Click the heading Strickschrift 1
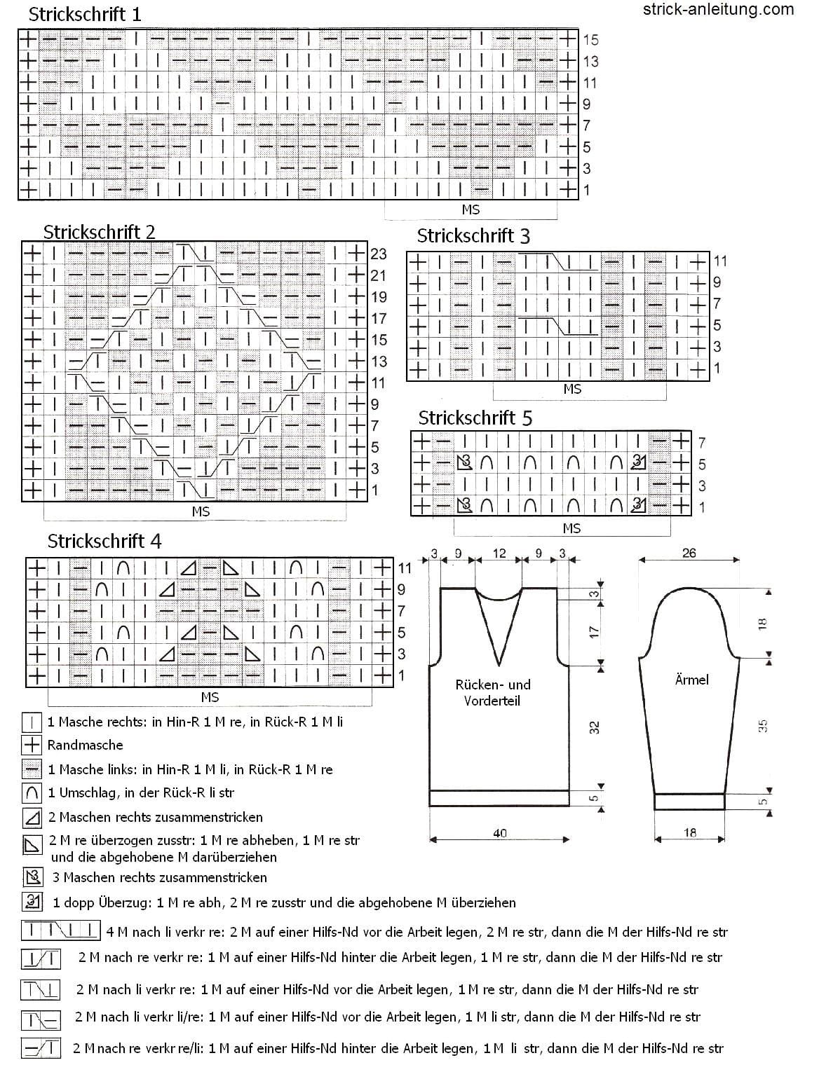[x=85, y=15]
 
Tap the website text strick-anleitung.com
[x=718, y=9]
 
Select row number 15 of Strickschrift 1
[x=591, y=39]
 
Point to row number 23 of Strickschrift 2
[x=378, y=254]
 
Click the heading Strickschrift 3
[x=473, y=236]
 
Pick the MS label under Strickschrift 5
[x=571, y=528]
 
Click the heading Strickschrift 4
[x=104, y=541]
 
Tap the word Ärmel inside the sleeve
[x=691, y=680]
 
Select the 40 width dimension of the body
[x=500, y=833]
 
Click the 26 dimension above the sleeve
[x=689, y=553]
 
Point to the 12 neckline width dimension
[x=499, y=554]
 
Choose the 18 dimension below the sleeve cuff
[x=690, y=832]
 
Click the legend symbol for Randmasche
[x=32, y=745]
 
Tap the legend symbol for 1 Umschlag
[x=32, y=793]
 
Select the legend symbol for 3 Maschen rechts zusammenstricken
[x=33, y=877]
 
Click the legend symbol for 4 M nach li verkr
[x=61, y=930]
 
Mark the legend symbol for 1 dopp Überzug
[x=33, y=902]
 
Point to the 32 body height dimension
[x=594, y=727]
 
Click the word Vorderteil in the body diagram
[x=492, y=701]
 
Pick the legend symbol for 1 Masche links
[x=32, y=769]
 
